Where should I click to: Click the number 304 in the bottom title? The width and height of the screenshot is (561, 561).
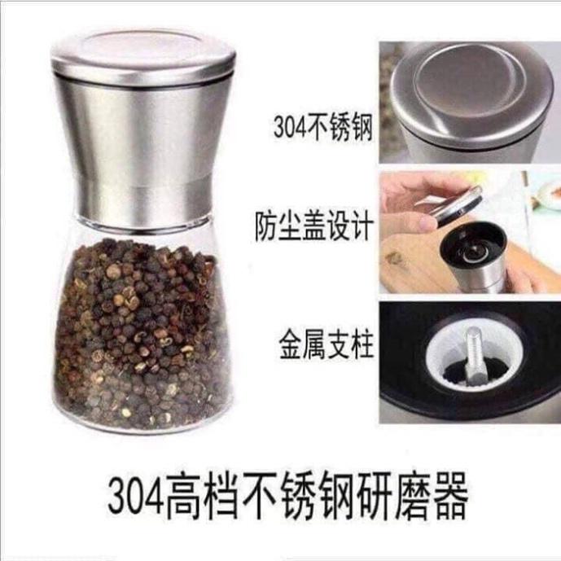pos(140,495)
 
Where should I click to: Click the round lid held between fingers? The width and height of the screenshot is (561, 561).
pos(456,202)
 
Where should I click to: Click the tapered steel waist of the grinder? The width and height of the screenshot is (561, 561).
pos(143,155)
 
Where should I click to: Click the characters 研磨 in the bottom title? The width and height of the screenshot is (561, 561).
pos(388,495)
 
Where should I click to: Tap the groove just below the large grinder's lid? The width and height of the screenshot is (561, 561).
pos(143,83)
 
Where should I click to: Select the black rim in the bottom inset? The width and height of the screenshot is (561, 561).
pos(407,399)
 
